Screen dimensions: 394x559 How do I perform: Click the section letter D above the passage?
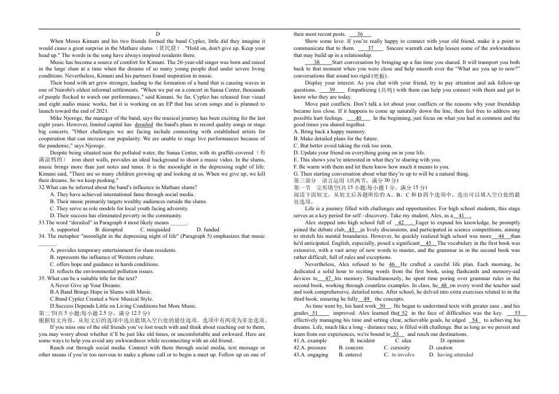click(x=158, y=35)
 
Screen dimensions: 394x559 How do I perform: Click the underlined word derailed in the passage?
click(x=144, y=125)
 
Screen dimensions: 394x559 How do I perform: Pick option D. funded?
click(x=208, y=230)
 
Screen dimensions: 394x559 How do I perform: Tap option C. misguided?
click(x=155, y=230)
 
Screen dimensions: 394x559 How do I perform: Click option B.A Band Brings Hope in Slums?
click(x=92, y=292)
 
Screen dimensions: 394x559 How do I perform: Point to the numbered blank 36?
click(x=360, y=35)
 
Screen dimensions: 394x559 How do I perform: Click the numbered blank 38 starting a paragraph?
click(x=317, y=62)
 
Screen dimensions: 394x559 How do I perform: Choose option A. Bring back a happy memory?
click(x=330, y=132)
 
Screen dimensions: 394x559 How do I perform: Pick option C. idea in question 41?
click(x=402, y=341)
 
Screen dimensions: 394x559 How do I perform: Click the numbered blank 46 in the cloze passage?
click(x=394, y=264)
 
